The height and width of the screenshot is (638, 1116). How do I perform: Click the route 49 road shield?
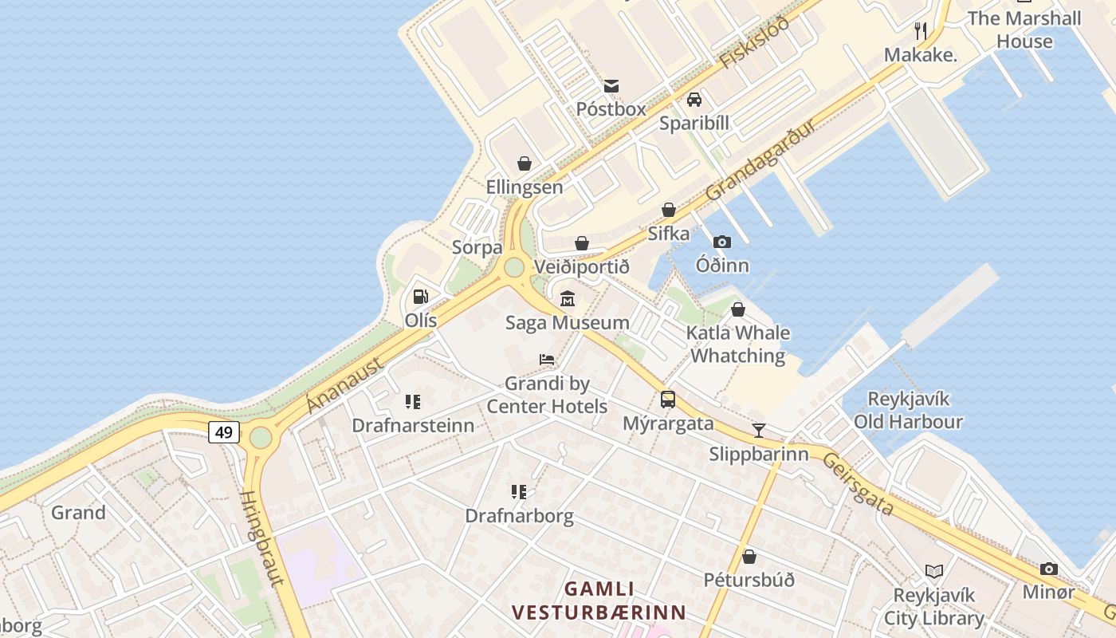[x=224, y=432]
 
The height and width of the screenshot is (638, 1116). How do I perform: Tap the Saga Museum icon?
[x=568, y=299]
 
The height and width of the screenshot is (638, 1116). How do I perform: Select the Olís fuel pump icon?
[x=420, y=297]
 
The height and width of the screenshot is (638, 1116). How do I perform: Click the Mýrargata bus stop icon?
[x=668, y=400]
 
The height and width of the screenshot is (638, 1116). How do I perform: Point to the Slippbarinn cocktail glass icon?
[x=759, y=431]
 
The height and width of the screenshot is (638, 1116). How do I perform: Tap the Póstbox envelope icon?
[x=611, y=86]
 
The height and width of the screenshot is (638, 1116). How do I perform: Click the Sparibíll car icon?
[x=694, y=100]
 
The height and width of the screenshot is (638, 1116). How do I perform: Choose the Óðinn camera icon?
[x=722, y=242]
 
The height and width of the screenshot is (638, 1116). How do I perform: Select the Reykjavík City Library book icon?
[x=934, y=571]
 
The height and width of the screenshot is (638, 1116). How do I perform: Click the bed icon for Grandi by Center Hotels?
[x=547, y=360]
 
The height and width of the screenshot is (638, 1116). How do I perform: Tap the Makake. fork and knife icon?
[x=921, y=31]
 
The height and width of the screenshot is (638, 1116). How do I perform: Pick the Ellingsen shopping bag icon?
[x=525, y=163]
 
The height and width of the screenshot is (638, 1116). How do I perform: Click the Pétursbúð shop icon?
[x=749, y=557]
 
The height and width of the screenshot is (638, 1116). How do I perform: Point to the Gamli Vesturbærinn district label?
[x=599, y=601]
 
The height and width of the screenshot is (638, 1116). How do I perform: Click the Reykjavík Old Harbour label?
[x=908, y=410]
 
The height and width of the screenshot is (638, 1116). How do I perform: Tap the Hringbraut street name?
[x=261, y=538]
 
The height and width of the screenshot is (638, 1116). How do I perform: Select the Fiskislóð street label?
[x=753, y=41]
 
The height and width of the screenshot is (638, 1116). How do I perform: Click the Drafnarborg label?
[x=519, y=516]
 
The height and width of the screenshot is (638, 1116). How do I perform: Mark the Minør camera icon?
[x=1049, y=569]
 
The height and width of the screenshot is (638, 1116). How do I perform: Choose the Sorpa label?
[x=477, y=247]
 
